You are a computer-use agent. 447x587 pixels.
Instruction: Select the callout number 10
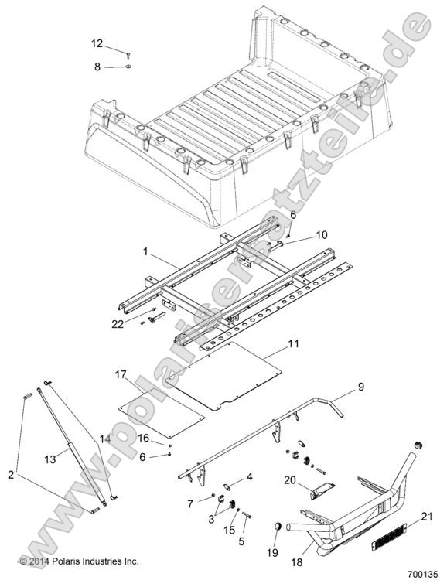tap(301, 234)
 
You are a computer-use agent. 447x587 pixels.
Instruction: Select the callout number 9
tap(360, 386)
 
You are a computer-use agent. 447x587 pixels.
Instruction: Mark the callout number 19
tap(271, 554)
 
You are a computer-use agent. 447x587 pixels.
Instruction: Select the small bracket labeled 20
tap(319, 493)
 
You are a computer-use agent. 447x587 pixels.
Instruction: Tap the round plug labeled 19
tap(277, 527)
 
